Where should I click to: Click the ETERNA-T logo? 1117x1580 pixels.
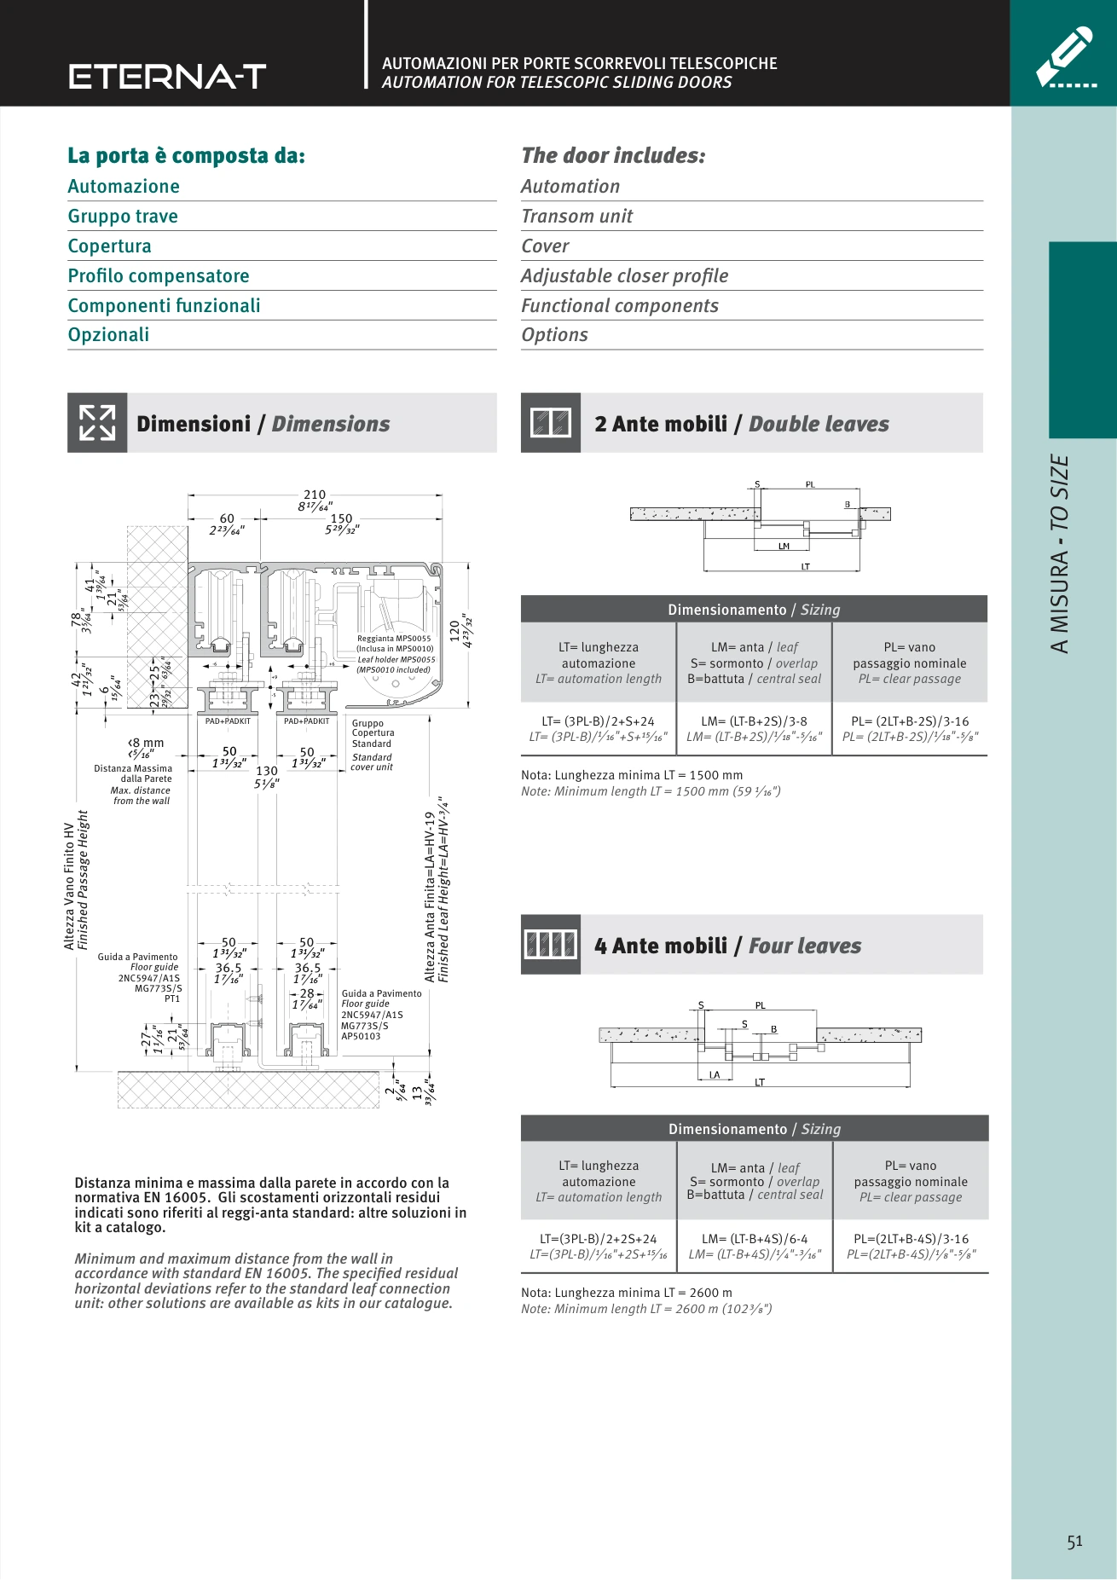point(168,77)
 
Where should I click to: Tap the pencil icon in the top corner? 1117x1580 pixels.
point(1065,57)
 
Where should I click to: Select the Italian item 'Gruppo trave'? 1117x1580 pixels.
point(123,217)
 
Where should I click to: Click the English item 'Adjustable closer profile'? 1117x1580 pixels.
point(625,276)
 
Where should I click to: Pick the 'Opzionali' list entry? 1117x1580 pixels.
point(108,335)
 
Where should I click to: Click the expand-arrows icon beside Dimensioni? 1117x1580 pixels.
point(97,423)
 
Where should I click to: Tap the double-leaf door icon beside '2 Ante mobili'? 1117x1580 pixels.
point(551,423)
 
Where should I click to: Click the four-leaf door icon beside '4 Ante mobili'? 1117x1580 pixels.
point(551,945)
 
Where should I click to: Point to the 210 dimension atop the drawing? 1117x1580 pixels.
point(315,495)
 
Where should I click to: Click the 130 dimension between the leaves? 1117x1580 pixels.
point(267,771)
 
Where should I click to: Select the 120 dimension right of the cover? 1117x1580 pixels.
point(454,631)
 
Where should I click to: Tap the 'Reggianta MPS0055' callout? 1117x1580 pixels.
point(394,638)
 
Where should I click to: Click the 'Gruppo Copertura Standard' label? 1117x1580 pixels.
point(373,733)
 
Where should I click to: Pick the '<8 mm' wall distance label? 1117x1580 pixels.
point(146,743)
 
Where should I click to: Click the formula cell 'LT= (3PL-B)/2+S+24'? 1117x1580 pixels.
point(599,721)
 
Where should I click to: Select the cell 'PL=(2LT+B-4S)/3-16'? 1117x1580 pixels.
point(911,1239)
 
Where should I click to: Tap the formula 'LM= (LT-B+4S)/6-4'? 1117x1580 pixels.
point(755,1239)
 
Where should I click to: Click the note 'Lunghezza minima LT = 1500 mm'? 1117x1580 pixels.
point(632,775)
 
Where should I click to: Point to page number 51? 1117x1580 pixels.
point(1074,1542)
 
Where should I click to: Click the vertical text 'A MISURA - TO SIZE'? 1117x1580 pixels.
point(1059,554)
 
